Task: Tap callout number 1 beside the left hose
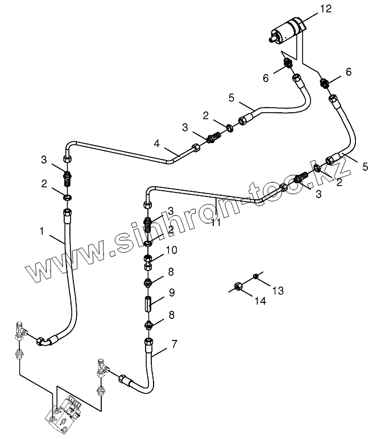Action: [42, 232]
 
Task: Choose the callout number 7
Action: [174, 344]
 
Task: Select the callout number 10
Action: [172, 249]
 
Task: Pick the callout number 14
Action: [260, 301]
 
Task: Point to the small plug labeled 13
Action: [256, 277]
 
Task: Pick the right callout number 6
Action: [349, 72]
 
